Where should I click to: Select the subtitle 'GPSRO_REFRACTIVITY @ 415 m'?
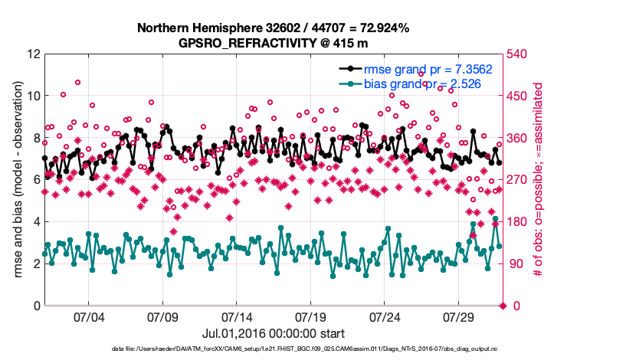tap(273, 43)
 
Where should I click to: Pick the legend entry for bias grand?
tap(422, 84)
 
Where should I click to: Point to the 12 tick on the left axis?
tap(33, 54)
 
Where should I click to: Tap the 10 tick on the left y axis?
tap(33, 97)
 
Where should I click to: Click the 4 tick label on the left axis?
tap(35, 222)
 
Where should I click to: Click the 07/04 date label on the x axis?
tap(88, 317)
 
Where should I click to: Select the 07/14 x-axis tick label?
tap(237, 317)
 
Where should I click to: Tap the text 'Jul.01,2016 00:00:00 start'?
tap(273, 333)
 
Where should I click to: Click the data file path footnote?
tap(273, 349)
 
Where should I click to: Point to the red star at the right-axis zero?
tap(503, 306)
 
